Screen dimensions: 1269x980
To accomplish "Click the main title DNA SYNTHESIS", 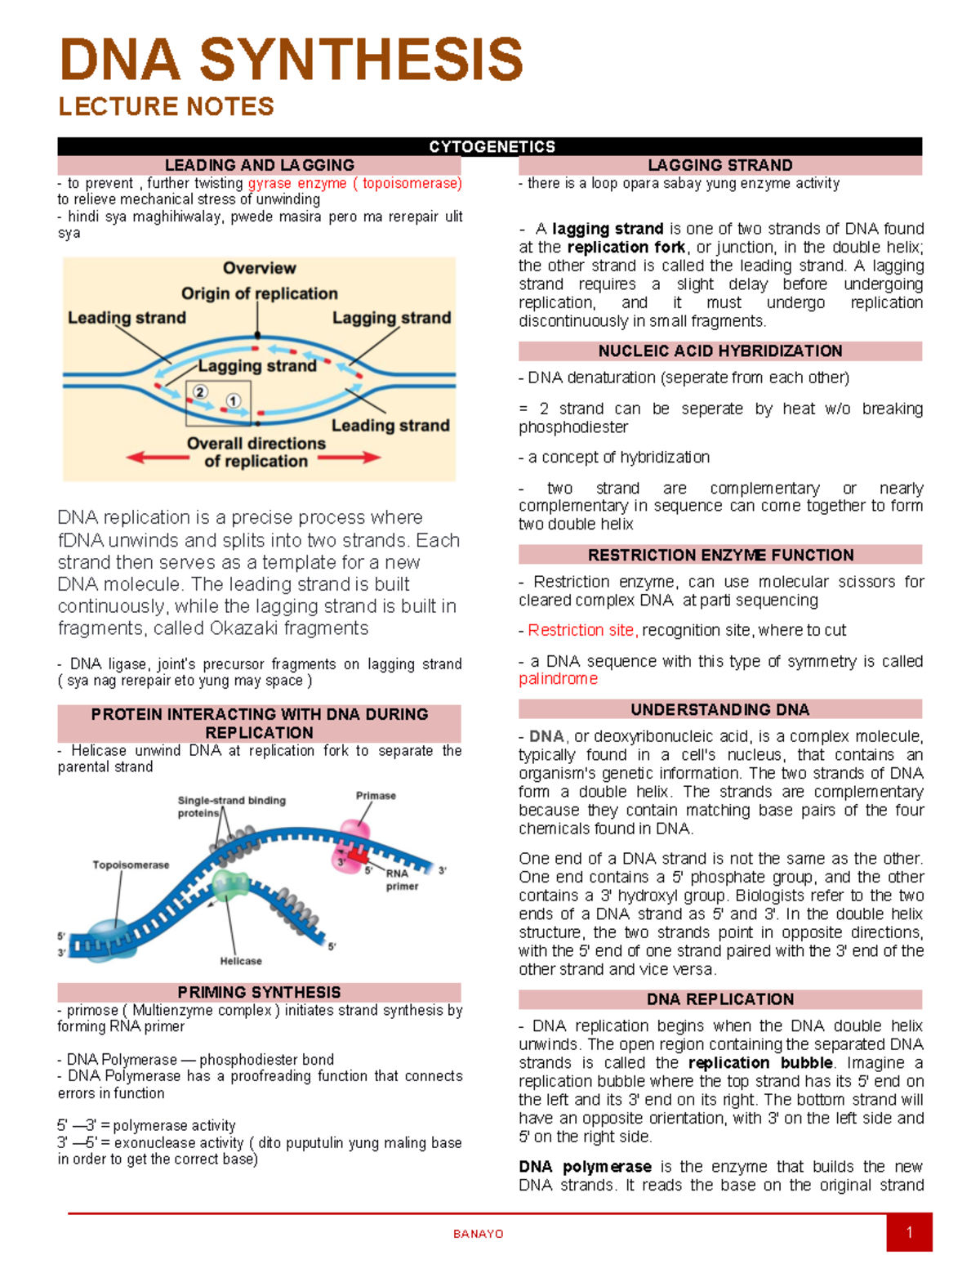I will click(291, 60).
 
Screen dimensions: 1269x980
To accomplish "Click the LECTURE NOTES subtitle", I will click(166, 106).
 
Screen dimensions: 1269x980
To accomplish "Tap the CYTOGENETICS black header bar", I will click(491, 146).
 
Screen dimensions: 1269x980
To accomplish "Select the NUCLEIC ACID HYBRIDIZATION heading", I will click(719, 351).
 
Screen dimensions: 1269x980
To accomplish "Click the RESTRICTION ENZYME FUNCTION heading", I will click(719, 555).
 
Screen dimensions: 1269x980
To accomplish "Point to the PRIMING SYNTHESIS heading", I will click(259, 992).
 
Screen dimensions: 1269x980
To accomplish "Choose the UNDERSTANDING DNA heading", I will click(719, 709).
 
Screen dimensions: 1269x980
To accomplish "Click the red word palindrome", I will click(558, 679).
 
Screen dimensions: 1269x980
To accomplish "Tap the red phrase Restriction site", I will click(581, 630).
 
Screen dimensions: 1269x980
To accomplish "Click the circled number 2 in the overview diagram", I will click(200, 391).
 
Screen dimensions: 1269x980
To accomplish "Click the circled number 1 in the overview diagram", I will click(234, 400).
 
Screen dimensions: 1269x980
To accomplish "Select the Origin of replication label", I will click(259, 293).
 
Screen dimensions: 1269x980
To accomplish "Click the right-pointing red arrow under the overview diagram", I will click(350, 457).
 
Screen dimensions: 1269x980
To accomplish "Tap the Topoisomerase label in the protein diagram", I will click(131, 865).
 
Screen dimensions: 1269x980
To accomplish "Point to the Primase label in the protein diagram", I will click(376, 795).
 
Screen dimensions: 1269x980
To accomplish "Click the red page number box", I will click(909, 1233).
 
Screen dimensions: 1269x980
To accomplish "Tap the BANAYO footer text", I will click(479, 1234).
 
